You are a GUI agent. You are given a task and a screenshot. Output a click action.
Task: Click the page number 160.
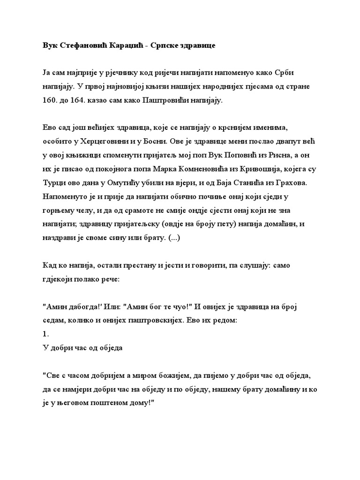point(50,100)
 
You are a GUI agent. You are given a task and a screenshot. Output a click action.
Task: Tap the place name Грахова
point(297,180)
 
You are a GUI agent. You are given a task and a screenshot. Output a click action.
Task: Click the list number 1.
point(45,335)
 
